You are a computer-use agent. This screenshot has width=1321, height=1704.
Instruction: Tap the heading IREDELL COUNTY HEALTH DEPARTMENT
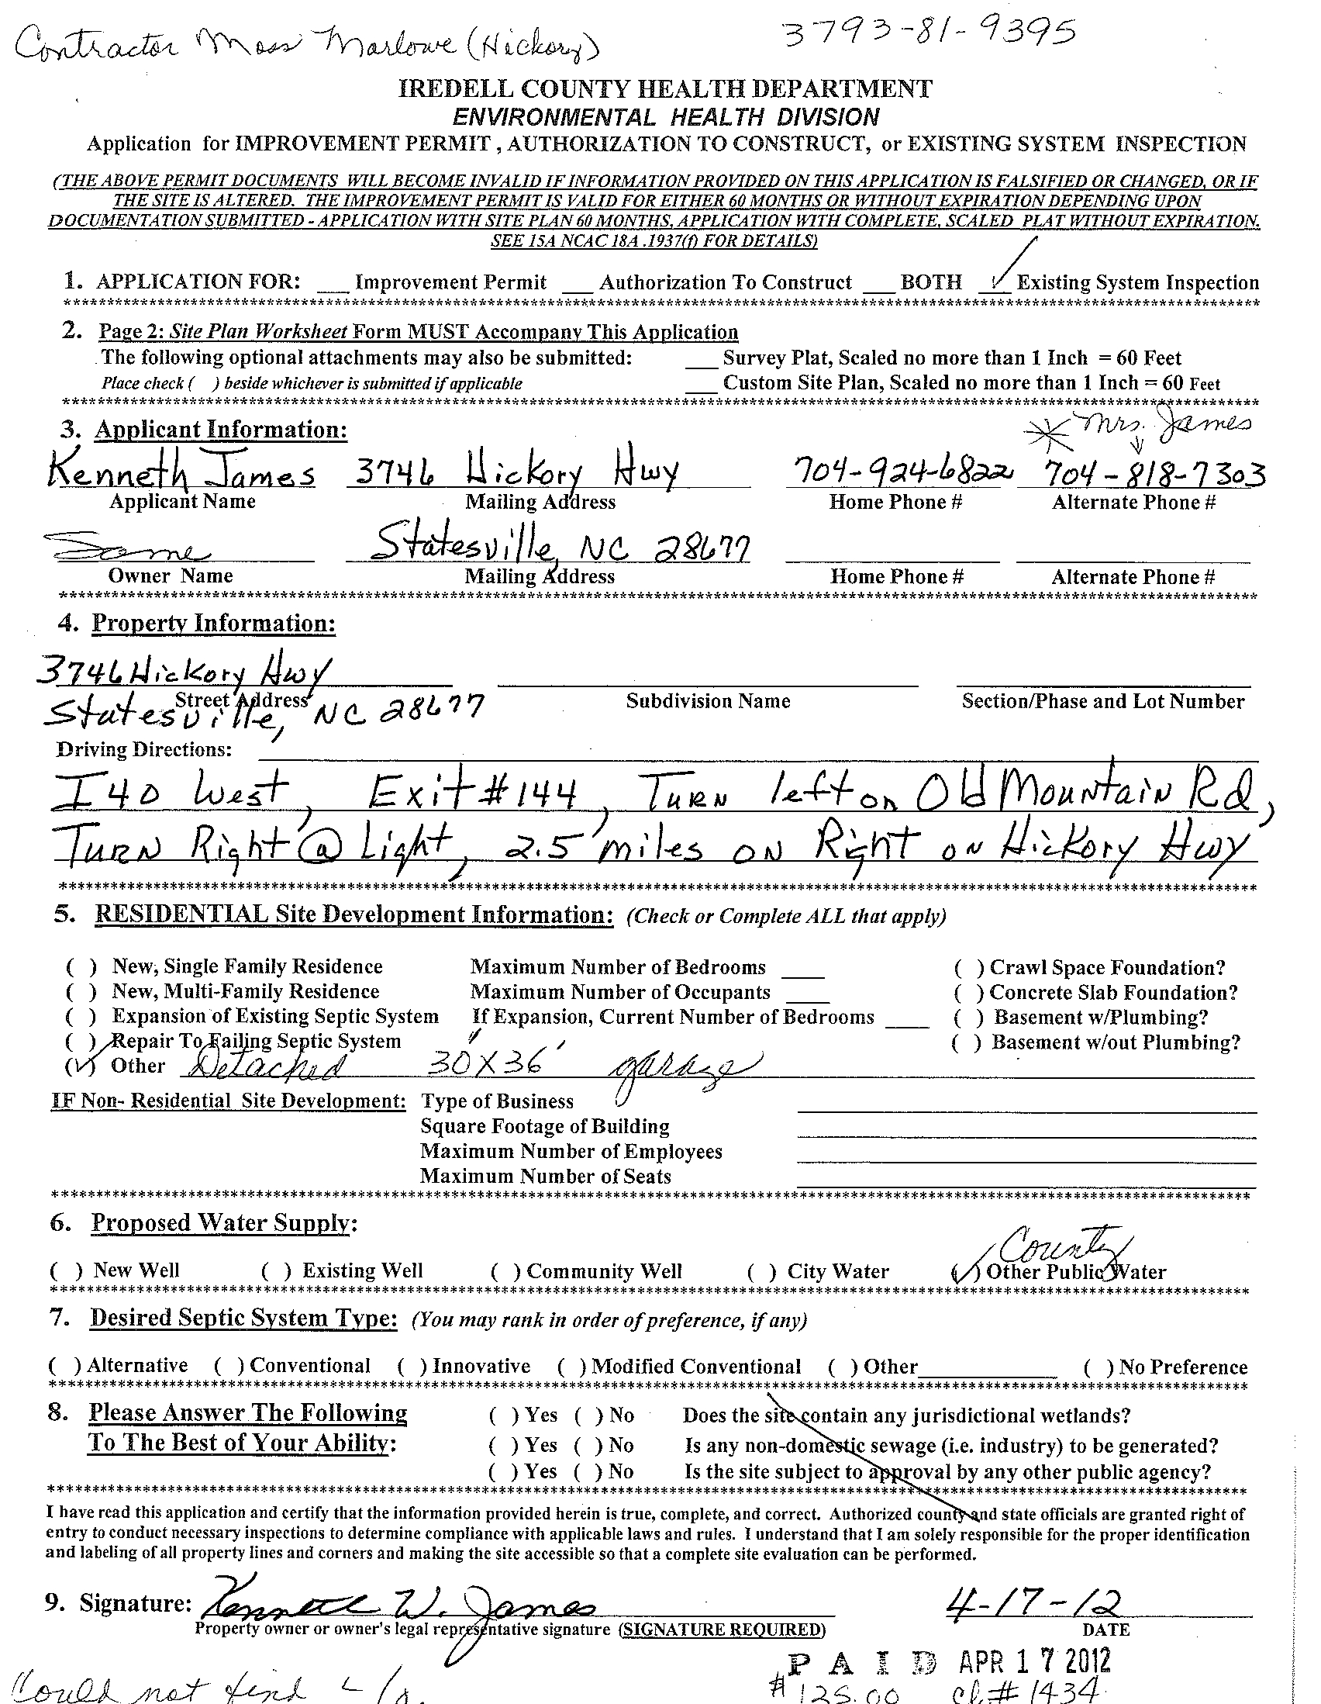click(665, 89)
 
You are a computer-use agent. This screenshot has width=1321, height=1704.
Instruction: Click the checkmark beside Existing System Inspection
click(998, 279)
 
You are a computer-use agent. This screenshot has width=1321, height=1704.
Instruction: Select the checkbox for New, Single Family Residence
click(82, 967)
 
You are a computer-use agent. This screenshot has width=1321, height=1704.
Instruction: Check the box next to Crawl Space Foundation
click(969, 968)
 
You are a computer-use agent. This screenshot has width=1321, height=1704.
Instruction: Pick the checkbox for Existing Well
click(276, 1271)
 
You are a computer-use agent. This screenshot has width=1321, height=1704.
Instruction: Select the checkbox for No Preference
click(1098, 1367)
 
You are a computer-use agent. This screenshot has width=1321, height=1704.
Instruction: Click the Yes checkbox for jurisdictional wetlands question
click(503, 1415)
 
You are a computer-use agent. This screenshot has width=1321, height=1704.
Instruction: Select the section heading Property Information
click(214, 624)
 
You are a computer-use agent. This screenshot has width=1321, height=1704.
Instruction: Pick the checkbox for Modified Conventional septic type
click(571, 1367)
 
